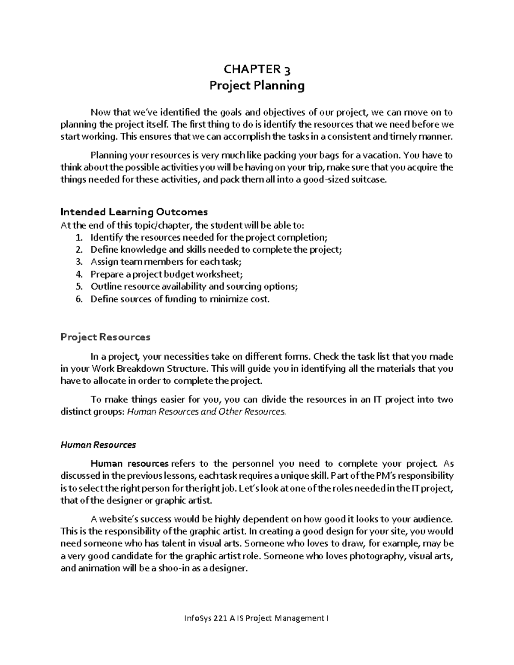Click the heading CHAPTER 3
coord(257,69)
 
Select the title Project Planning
coord(257,86)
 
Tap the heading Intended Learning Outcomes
coord(134,212)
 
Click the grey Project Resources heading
coord(105,337)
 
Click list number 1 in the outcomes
coord(78,238)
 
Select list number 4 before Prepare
coord(78,274)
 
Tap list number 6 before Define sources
coord(78,299)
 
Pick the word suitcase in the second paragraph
coord(369,180)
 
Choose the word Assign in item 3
coord(102,262)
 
